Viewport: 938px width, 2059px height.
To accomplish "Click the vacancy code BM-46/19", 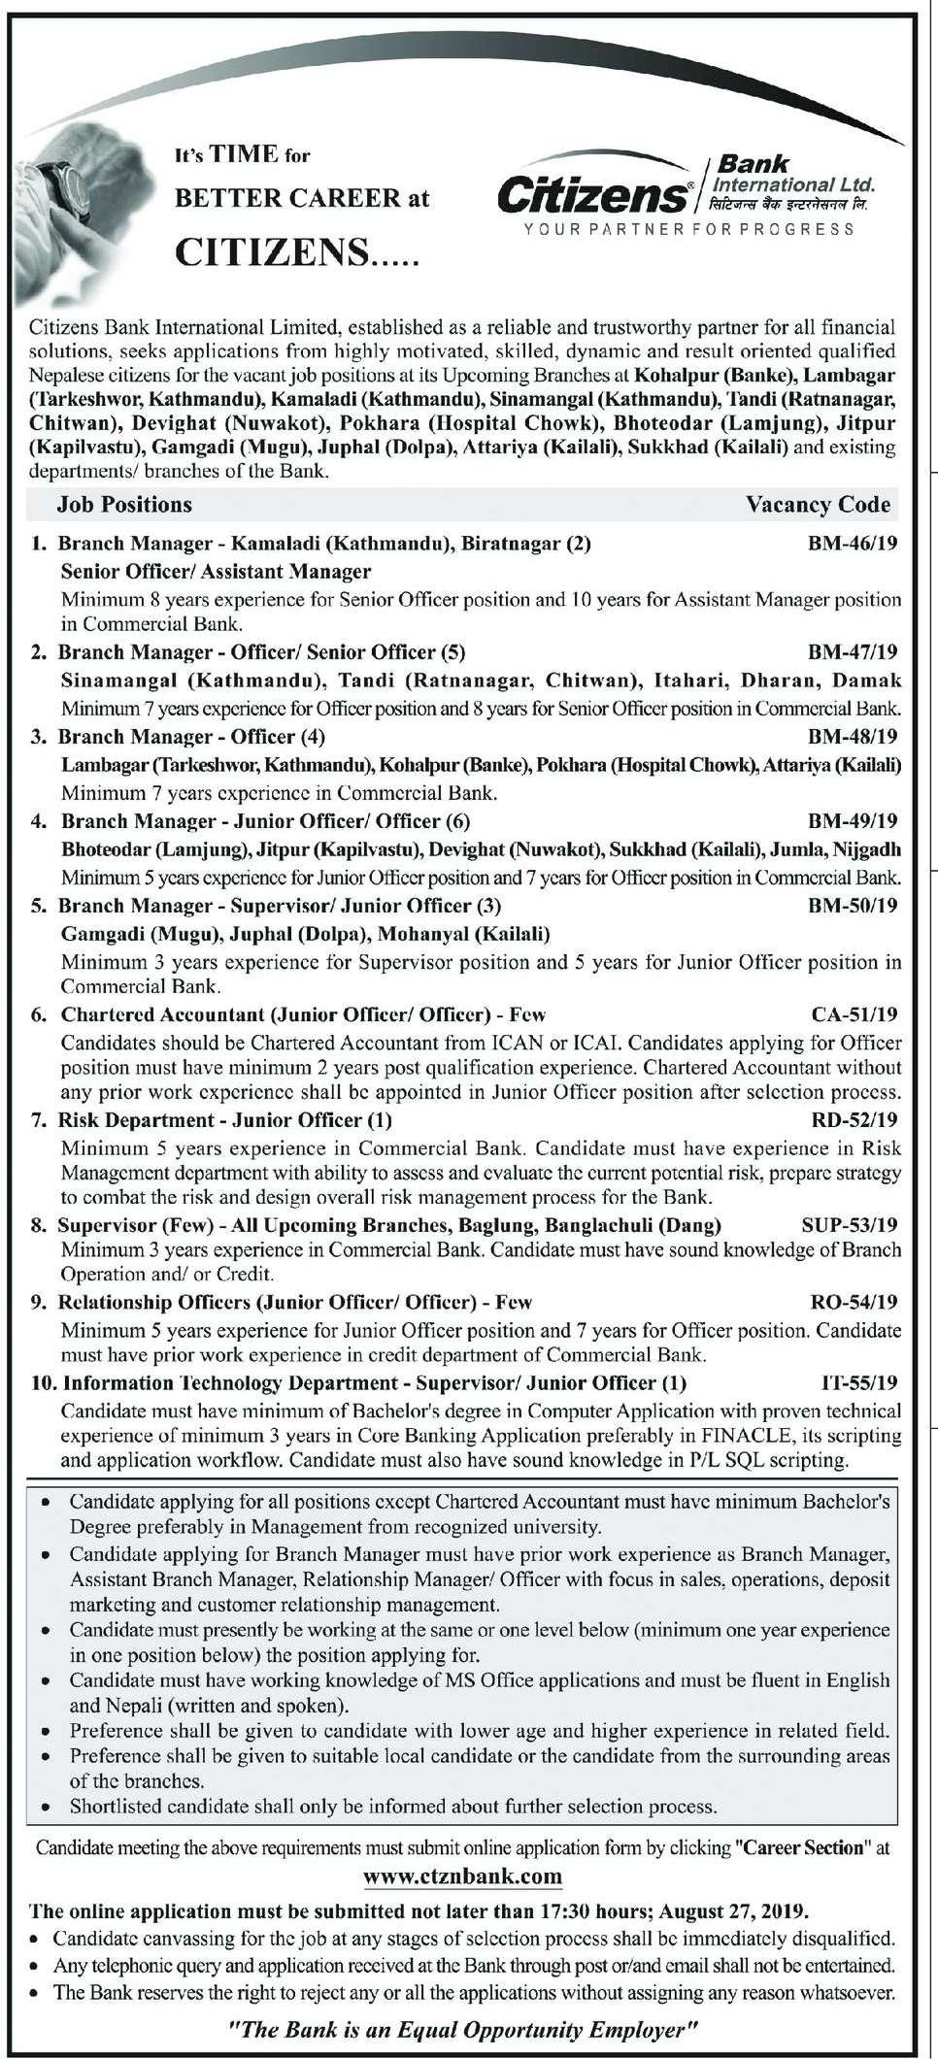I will click(x=853, y=544).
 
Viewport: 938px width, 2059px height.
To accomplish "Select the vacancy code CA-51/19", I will click(x=854, y=1015).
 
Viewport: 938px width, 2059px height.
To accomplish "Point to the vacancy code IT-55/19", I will click(x=859, y=1382).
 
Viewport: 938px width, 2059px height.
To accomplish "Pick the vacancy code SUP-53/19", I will click(x=850, y=1225).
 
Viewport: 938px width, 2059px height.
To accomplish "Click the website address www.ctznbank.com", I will click(x=462, y=1876).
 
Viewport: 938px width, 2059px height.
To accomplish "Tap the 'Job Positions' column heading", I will click(x=124, y=505).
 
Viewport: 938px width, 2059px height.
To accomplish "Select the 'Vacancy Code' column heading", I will click(x=818, y=505).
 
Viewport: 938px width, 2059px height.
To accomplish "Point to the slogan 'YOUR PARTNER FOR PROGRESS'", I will click(x=688, y=229).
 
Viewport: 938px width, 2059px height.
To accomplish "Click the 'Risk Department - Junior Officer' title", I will click(x=224, y=1120).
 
